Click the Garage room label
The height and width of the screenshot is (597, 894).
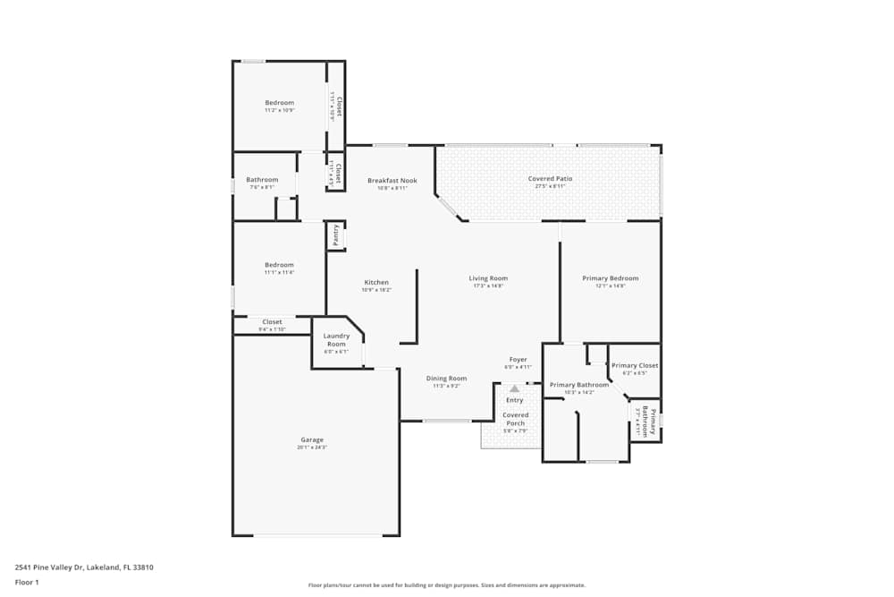tap(312, 440)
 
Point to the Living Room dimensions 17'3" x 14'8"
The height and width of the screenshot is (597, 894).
tap(488, 286)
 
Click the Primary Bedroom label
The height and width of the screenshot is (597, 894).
tap(610, 278)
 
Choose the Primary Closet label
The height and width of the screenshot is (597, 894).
tap(635, 365)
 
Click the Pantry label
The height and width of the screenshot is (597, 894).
tap(335, 235)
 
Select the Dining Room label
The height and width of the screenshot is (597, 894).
tap(446, 379)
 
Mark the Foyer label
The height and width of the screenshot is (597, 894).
tap(519, 359)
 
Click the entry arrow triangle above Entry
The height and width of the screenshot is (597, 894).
tap(515, 388)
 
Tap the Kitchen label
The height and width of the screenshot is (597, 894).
tap(376, 282)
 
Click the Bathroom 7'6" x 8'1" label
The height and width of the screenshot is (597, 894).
tap(262, 180)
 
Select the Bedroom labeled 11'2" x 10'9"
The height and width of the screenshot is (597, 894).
tap(279, 103)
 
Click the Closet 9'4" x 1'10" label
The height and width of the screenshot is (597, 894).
tap(272, 322)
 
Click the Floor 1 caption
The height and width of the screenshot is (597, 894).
tap(27, 582)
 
